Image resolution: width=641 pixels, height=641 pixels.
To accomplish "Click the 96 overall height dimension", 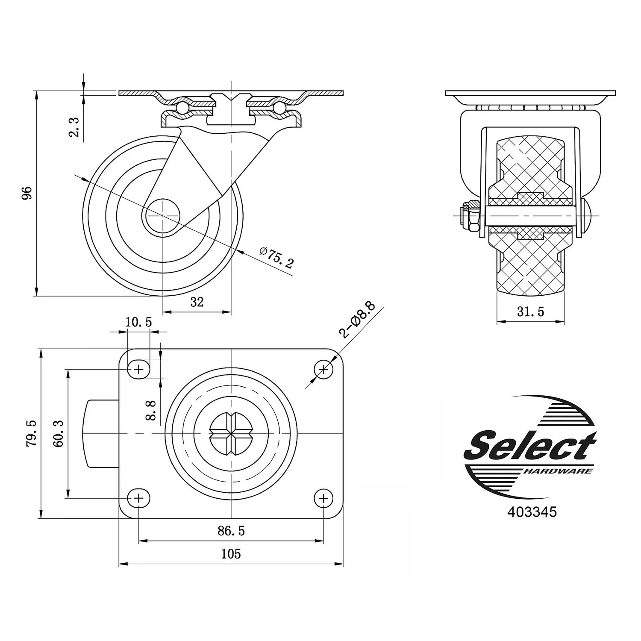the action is pyautogui.click(x=27, y=193).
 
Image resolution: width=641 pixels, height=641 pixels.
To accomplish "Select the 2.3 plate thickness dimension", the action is pyautogui.click(x=74, y=127).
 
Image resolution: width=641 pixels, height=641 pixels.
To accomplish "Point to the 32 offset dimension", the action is pyautogui.click(x=197, y=302).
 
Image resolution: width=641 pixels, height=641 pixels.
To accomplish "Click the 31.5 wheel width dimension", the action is pyautogui.click(x=531, y=312).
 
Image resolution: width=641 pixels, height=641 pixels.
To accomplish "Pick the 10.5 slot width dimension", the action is pyautogui.click(x=138, y=322).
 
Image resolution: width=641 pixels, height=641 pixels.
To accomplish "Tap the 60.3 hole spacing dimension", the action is pyautogui.click(x=59, y=433).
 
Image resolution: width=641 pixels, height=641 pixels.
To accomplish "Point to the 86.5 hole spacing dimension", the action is pyautogui.click(x=231, y=531).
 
